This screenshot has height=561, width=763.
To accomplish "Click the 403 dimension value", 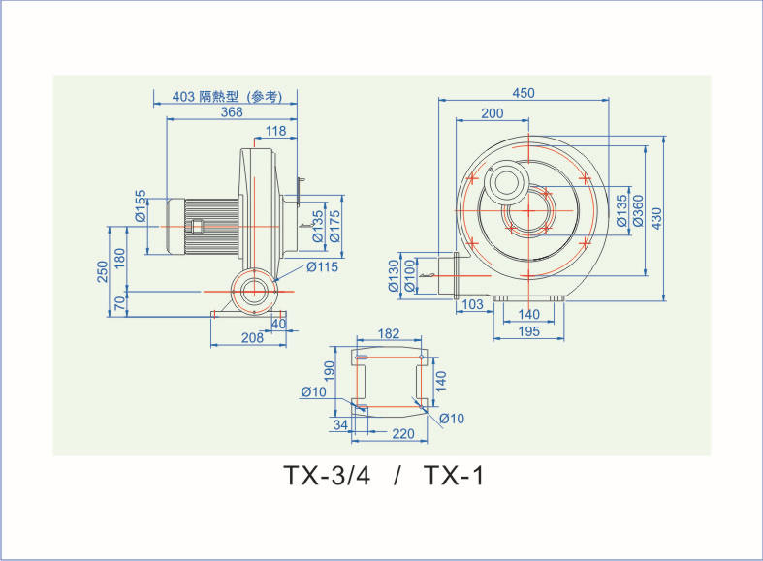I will pyautogui.click(x=184, y=97).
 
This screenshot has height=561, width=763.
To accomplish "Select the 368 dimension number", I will pyautogui.click(x=231, y=112).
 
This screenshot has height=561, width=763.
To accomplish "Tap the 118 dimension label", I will pyautogui.click(x=275, y=131).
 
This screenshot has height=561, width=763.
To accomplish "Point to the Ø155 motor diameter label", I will pyautogui.click(x=141, y=205).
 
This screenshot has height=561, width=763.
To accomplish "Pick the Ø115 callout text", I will pyautogui.click(x=322, y=267).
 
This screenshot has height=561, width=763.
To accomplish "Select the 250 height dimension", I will pyautogui.click(x=104, y=272).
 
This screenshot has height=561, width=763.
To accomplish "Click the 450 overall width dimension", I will pyautogui.click(x=524, y=93).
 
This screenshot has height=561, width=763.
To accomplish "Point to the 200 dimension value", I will pyautogui.click(x=492, y=113).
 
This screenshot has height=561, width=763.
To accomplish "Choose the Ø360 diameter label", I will pyautogui.click(x=638, y=210).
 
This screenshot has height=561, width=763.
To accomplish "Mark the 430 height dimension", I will pyautogui.click(x=656, y=218).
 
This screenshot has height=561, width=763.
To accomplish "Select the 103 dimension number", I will pyautogui.click(x=472, y=304).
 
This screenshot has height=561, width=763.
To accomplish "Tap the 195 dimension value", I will pyautogui.click(x=528, y=332).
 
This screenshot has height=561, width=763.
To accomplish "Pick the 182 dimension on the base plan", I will pyautogui.click(x=388, y=333).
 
